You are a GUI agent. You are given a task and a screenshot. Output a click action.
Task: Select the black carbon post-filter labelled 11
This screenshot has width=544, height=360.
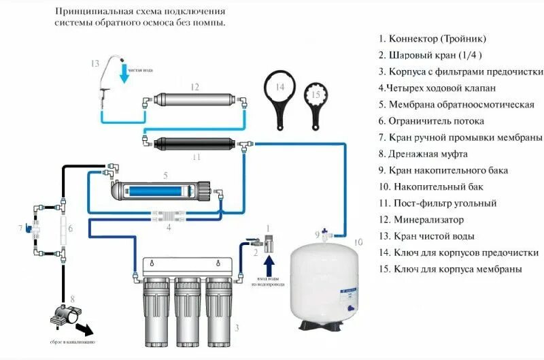coord(194,144)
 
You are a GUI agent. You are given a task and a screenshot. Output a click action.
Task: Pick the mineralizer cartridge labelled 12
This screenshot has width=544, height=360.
coord(194,100)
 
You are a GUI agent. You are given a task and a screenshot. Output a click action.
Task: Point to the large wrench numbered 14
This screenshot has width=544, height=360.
coord(279,100)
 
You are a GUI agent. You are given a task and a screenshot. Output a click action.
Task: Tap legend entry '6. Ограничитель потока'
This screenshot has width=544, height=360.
coord(431,121)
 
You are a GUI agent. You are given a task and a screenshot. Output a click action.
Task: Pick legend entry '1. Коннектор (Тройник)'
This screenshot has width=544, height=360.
coord(432,39)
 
